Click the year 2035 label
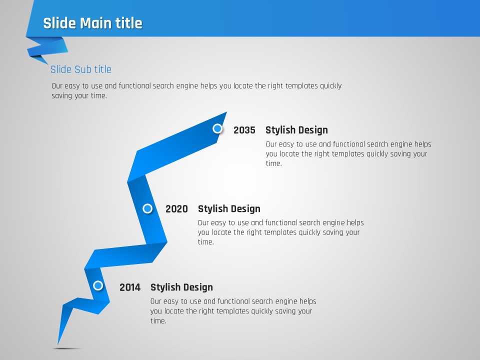(244, 130)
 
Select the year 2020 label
(176, 209)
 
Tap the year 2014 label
(130, 287)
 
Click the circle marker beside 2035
(217, 128)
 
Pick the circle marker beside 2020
(147, 208)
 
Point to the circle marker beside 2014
(98, 285)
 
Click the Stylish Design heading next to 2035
(296, 130)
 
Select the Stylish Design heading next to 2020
(229, 209)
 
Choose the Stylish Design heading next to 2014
(181, 287)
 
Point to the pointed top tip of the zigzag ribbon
(226, 112)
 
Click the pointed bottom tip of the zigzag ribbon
(58, 344)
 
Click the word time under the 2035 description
(273, 163)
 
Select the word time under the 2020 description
(205, 242)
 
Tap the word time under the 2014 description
(157, 321)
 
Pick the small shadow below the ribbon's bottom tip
(66, 348)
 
